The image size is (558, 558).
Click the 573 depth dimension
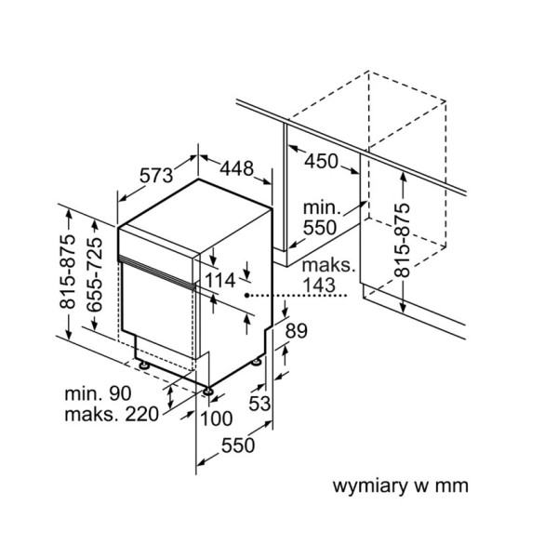(x=156, y=176)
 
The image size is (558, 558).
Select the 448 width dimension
(x=236, y=168)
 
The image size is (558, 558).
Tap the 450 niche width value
(x=321, y=161)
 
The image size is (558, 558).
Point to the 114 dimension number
(x=220, y=280)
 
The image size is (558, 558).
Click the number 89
(x=296, y=331)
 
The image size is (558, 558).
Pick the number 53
(x=259, y=404)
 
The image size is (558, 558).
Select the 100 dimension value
(x=217, y=418)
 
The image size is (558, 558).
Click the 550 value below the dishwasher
(x=238, y=445)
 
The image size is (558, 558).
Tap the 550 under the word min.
(x=320, y=228)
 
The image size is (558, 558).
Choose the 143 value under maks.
(x=318, y=286)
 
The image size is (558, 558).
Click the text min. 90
(x=98, y=393)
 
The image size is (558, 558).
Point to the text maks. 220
(x=112, y=414)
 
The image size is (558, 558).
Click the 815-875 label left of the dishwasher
(x=68, y=272)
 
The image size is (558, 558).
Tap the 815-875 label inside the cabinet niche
(x=402, y=240)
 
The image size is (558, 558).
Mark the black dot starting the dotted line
(x=246, y=295)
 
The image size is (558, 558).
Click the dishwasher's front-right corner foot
(x=207, y=392)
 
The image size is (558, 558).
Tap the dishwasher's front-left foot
(x=143, y=365)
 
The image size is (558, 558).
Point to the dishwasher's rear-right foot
(x=257, y=362)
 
